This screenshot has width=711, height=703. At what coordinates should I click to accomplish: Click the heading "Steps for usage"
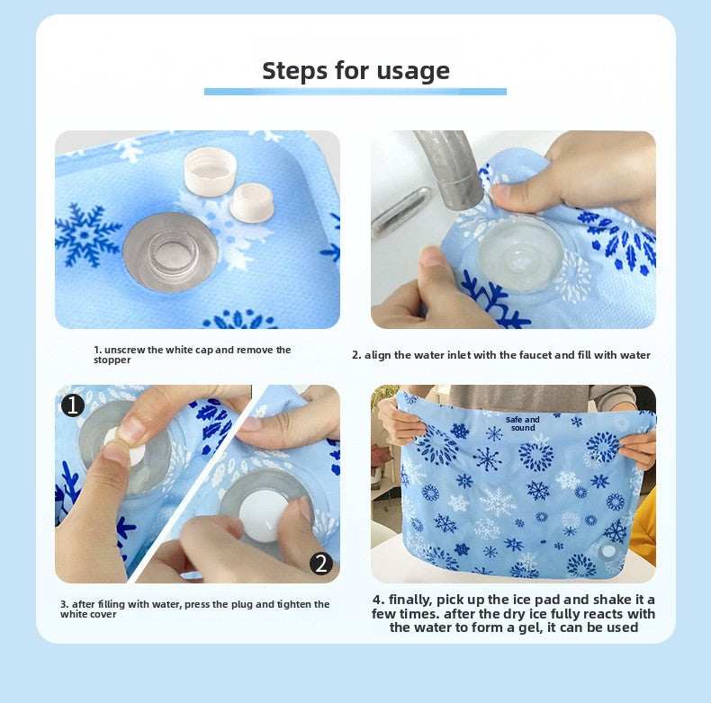pos(355,70)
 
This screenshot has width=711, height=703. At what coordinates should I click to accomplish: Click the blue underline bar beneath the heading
pos(355,91)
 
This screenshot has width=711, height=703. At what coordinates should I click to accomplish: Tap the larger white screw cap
pos(210,171)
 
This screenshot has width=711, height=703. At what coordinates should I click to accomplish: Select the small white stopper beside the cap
pos(251,201)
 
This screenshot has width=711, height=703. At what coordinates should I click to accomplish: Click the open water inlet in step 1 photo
pos(170,252)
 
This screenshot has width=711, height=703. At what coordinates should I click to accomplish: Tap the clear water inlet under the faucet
pos(520,252)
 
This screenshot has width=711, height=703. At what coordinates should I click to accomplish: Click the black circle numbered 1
pos(73,405)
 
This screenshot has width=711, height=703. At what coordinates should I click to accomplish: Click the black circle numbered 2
pos(321,564)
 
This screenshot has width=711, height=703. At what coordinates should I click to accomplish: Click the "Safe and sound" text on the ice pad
pos(522,423)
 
